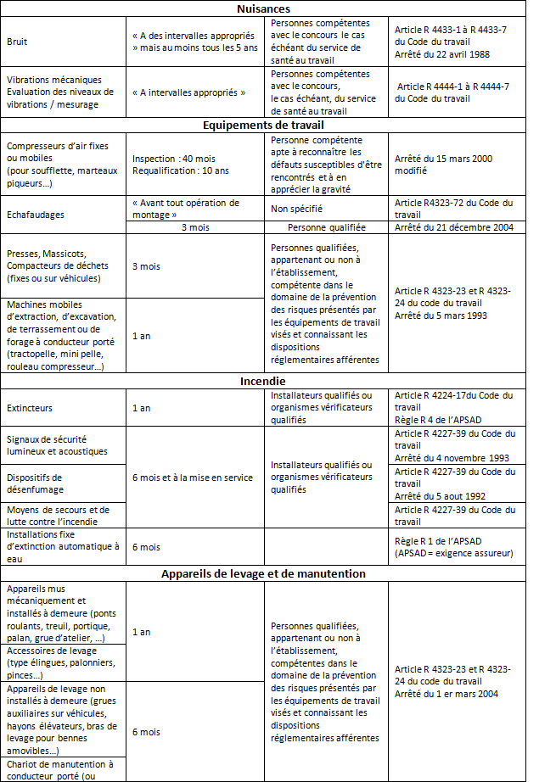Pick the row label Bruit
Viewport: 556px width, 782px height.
pyautogui.click(x=17, y=41)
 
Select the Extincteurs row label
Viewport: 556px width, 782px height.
pyautogui.click(x=29, y=408)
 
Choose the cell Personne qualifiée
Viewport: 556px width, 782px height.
pyautogui.click(x=326, y=227)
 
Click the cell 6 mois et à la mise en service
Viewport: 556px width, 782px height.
pyautogui.click(x=193, y=478)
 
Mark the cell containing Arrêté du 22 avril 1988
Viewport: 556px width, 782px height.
pyautogui.click(x=441, y=54)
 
